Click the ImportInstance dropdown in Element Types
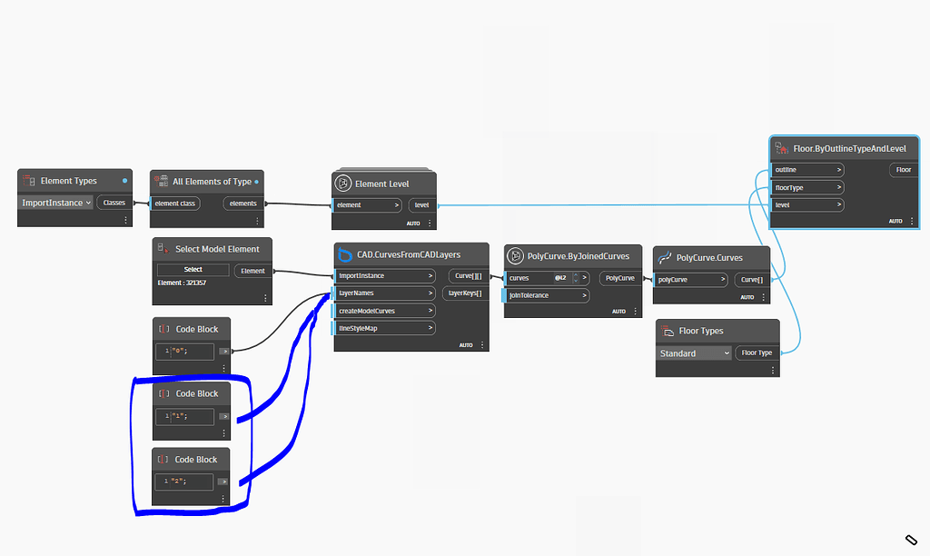coord(56,203)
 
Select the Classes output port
coord(114,203)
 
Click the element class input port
coord(176,204)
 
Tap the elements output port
coord(242,204)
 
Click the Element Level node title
coord(381,184)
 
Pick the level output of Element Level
coord(421,205)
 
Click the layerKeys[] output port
coord(464,293)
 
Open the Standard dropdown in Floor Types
coord(694,353)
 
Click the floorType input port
coord(807,187)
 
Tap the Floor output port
coord(903,170)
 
